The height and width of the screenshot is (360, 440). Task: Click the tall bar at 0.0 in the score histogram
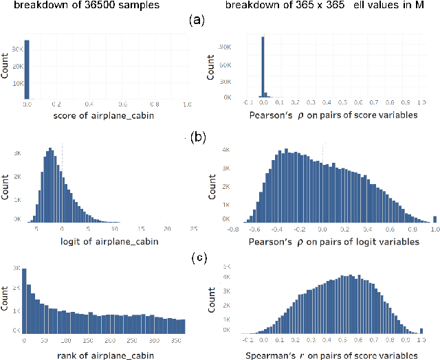pyautogui.click(x=27, y=69)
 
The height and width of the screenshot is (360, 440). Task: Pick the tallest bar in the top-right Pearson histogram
pyautogui.click(x=262, y=69)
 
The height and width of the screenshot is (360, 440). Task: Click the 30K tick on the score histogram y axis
pyautogui.click(x=17, y=49)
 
